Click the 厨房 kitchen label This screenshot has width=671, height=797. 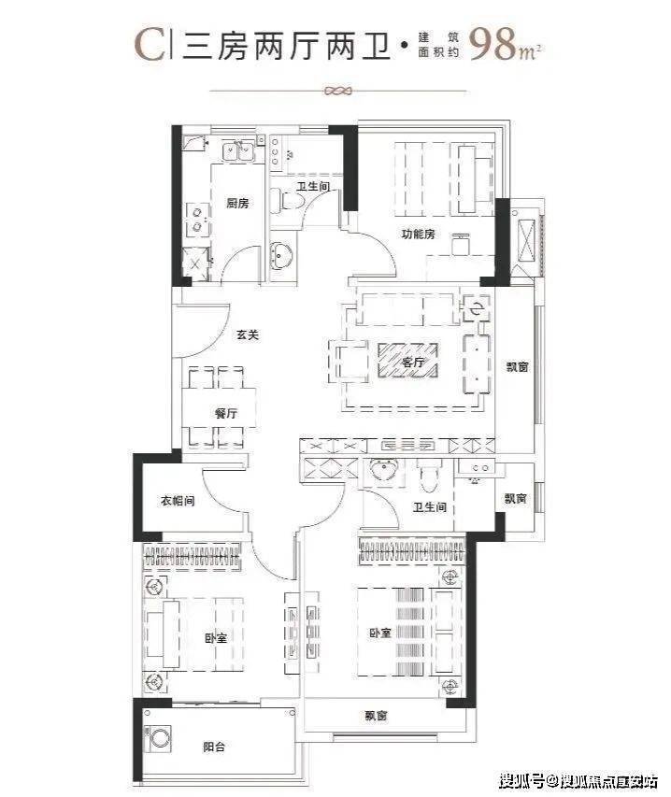pyautogui.click(x=238, y=204)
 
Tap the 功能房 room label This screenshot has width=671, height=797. pyautogui.click(x=418, y=235)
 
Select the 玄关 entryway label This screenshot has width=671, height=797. pyautogui.click(x=248, y=334)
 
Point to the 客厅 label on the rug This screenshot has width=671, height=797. pyautogui.click(x=412, y=363)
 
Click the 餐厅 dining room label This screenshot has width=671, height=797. pyautogui.click(x=226, y=413)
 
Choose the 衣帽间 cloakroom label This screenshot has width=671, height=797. pyautogui.click(x=178, y=501)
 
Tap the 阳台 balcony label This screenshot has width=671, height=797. pyautogui.click(x=214, y=747)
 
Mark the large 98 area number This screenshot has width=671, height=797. pyautogui.click(x=494, y=44)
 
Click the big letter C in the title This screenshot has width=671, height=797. pyautogui.click(x=150, y=45)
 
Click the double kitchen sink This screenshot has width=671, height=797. pyautogui.click(x=238, y=151)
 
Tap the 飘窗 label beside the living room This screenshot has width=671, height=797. pyautogui.click(x=518, y=366)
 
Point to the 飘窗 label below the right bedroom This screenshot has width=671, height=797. pyautogui.click(x=376, y=716)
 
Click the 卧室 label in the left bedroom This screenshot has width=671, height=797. pyautogui.click(x=216, y=638)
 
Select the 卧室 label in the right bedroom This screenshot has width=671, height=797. pyautogui.click(x=380, y=633)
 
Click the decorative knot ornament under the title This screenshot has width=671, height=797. pyautogui.click(x=338, y=92)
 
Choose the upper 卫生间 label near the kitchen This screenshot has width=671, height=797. pyautogui.click(x=314, y=187)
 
